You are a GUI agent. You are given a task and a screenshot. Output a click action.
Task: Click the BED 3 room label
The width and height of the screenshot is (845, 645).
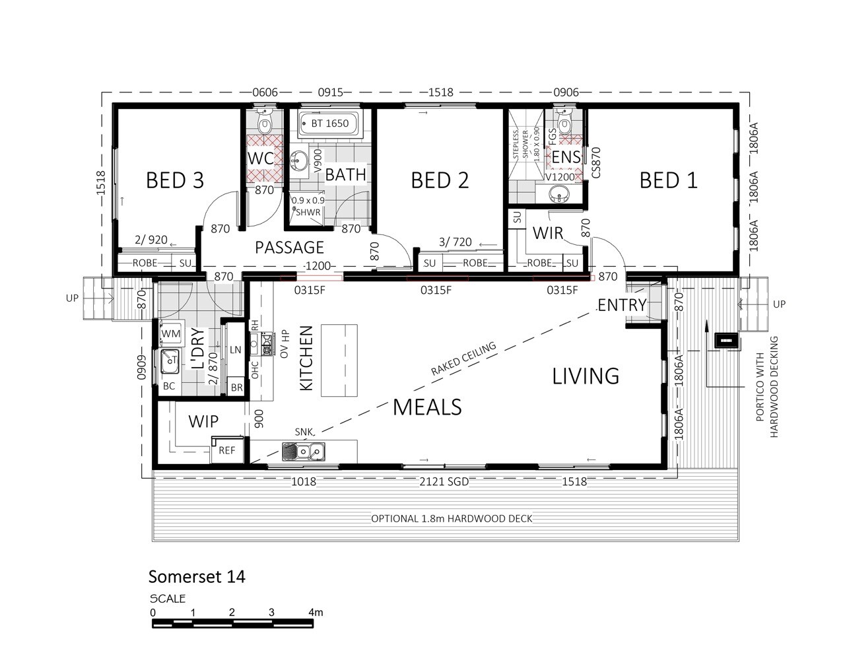click(175, 180)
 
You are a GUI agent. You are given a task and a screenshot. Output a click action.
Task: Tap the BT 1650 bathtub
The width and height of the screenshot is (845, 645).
click(329, 123)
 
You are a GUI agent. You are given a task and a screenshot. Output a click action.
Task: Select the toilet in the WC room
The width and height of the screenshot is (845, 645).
click(264, 120)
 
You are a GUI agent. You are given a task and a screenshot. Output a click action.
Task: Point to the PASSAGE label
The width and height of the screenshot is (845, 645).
click(289, 248)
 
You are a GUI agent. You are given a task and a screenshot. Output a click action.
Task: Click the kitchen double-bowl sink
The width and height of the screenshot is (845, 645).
click(304, 451)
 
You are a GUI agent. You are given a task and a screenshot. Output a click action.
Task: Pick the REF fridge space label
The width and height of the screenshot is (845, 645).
click(226, 450)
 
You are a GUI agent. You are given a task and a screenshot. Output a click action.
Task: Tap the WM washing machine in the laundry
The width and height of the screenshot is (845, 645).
click(170, 333)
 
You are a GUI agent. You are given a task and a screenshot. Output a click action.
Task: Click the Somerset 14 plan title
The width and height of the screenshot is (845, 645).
click(197, 576)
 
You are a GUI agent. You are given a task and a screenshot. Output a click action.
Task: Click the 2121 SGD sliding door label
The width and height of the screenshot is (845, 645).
click(444, 481)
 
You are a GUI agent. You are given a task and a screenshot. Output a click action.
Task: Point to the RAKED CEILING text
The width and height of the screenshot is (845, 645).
click(463, 358)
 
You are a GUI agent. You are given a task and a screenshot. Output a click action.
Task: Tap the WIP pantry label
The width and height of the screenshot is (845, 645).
click(203, 421)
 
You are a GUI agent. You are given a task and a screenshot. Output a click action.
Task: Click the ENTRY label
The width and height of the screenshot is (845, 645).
click(622, 305)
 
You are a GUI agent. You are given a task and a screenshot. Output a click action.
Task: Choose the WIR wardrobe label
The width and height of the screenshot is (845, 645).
click(548, 233)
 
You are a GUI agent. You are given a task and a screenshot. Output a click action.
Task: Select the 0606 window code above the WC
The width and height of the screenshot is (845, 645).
click(265, 92)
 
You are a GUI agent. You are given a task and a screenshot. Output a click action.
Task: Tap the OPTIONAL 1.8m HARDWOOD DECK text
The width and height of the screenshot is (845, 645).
click(452, 518)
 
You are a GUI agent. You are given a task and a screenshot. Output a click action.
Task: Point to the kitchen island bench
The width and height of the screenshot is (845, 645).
click(339, 360)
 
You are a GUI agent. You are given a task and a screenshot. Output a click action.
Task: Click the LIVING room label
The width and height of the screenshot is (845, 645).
click(586, 376)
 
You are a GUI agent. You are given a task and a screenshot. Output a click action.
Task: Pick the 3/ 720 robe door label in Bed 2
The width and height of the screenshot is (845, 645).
click(456, 242)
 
